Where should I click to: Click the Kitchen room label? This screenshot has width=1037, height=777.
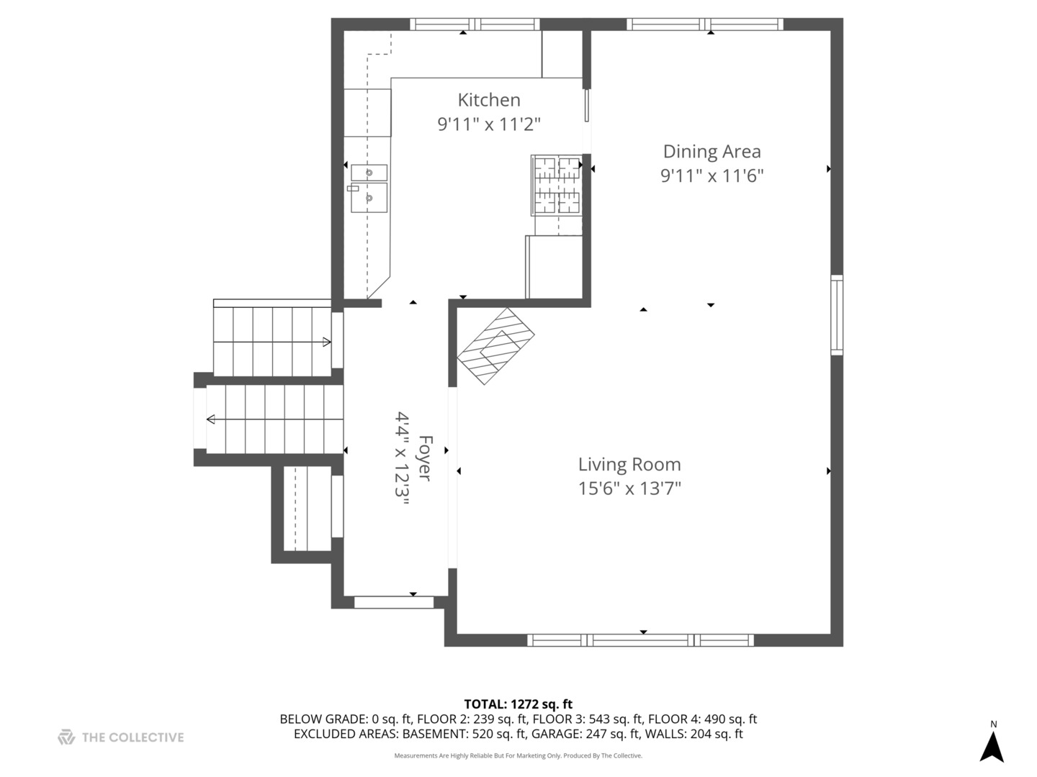coord(489,100)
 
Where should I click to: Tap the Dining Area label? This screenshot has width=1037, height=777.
coord(712,151)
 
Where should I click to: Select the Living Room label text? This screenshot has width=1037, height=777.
coord(629,465)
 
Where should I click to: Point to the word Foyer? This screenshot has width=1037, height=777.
coord(426,458)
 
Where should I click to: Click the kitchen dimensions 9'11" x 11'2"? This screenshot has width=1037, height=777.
coord(489,124)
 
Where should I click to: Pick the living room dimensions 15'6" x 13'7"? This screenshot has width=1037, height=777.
coord(629,489)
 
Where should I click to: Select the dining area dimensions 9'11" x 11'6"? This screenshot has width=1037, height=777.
coord(712,176)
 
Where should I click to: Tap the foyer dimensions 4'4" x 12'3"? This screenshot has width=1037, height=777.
coord(402,458)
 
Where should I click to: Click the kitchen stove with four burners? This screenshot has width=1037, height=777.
coord(557,186)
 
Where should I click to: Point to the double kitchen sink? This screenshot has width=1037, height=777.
coord(369,188)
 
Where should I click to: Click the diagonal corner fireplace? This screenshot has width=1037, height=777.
coord(495,346)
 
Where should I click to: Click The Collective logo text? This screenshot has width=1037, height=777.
coord(133,737)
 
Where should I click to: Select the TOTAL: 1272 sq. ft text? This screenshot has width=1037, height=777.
coord(518,704)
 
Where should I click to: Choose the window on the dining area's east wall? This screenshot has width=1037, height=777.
coord(837,315)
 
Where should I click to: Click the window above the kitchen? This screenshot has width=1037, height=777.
coord(475,24)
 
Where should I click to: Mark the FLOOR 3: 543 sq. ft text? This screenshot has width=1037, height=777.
coord(588,719)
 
